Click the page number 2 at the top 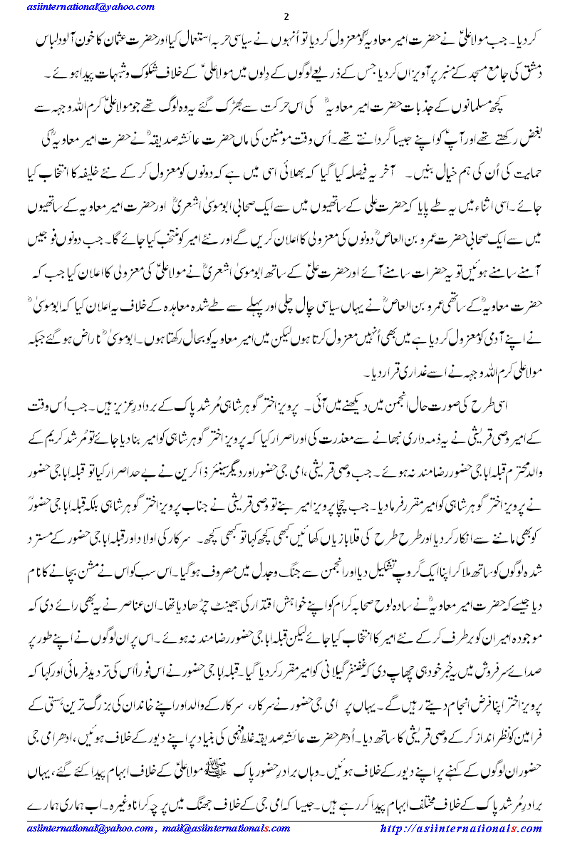(x=286, y=17)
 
